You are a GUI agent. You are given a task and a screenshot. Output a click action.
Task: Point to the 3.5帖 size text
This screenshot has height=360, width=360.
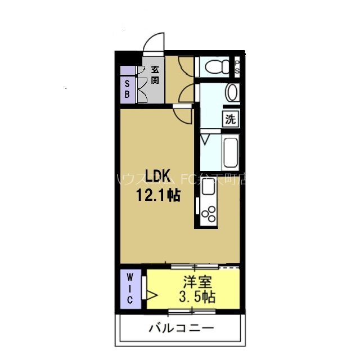[x=197, y=296]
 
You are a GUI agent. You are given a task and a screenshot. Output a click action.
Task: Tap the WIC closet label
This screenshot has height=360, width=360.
[x=129, y=289]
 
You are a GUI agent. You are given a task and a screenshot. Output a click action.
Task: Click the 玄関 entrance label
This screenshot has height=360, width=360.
[x=154, y=75]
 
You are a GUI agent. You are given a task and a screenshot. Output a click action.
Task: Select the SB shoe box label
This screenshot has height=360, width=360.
[x=127, y=89]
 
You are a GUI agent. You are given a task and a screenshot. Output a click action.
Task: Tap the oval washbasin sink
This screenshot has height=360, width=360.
[x=231, y=92]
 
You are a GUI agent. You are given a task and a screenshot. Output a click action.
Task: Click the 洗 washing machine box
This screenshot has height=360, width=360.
[x=231, y=119]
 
